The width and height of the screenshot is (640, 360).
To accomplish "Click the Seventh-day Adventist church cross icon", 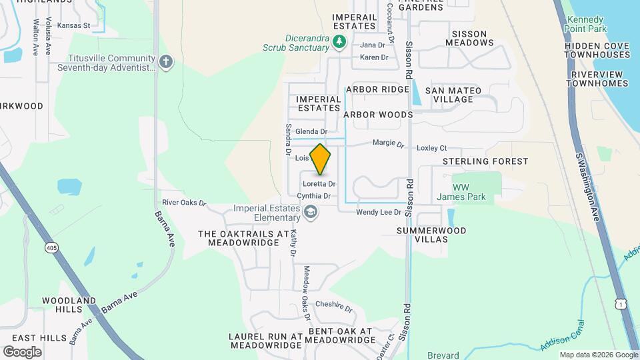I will pos(166,63).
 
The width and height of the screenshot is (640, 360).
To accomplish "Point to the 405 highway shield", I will pos(51,248).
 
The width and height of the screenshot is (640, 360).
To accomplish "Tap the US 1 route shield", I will pos(621,304).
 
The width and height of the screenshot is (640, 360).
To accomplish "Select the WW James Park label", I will pos(461,191).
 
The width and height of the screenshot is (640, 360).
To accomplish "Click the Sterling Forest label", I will pos(485,161).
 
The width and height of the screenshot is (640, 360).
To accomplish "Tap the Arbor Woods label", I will pos(378,115).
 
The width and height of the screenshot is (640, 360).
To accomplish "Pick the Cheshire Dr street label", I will pos(333,305).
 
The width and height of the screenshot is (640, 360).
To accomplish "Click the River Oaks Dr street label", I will pos(184,202).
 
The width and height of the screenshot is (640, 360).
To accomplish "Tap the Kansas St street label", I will pos(73,25).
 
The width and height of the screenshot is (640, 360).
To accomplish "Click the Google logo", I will pos(22,351).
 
